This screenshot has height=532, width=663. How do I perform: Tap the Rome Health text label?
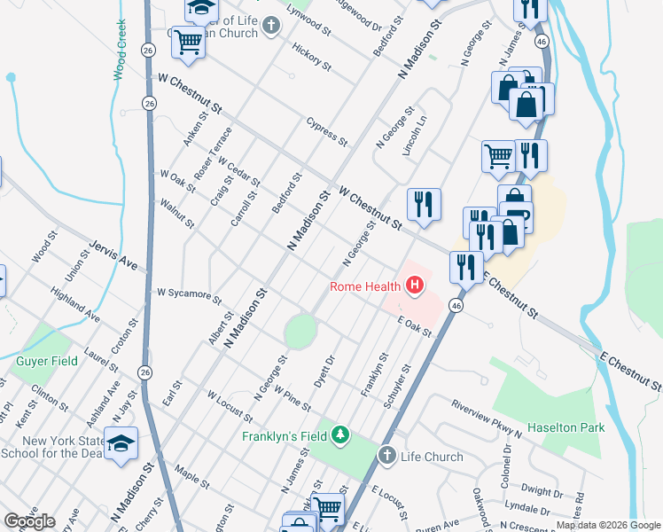click(366, 286)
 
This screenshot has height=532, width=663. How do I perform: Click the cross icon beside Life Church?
click(386, 456)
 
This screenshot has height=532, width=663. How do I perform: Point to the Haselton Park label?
click(565, 427)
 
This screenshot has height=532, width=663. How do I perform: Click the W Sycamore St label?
click(188, 293)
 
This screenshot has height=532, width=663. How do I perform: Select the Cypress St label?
click(326, 130)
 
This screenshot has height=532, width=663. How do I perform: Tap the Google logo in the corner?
click(29, 521)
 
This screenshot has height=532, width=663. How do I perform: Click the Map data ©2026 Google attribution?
click(608, 525)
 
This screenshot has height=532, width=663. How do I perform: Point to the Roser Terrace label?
click(214, 153)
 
